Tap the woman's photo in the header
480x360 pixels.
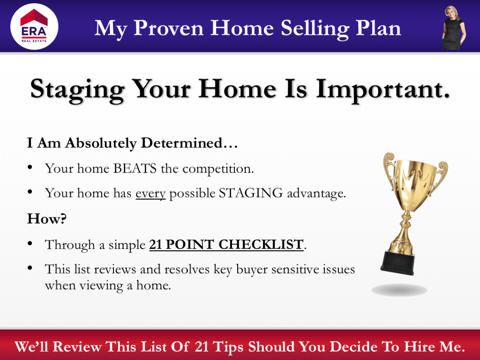coord(453,28)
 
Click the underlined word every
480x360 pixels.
coord(150,193)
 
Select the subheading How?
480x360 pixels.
coord(47,219)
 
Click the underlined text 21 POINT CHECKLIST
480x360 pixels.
coord(226,245)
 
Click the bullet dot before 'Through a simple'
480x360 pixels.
coord(30,243)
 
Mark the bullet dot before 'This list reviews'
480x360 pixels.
coord(30,268)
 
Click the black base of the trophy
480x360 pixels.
coord(397,263)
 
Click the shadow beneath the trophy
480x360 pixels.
coord(399,290)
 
